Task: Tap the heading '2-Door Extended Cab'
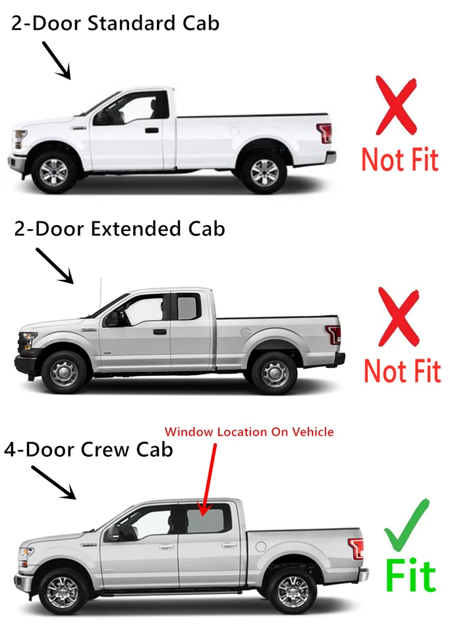(x=119, y=229)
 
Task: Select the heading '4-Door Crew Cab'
(x=89, y=450)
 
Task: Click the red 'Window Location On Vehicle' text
(x=249, y=432)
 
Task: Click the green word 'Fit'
(x=410, y=577)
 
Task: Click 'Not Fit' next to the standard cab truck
(x=400, y=159)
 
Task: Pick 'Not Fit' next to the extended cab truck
(x=402, y=371)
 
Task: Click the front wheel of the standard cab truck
(x=53, y=171)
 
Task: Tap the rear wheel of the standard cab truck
(x=264, y=171)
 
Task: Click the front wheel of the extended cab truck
(x=64, y=372)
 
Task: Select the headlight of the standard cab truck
(x=20, y=139)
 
